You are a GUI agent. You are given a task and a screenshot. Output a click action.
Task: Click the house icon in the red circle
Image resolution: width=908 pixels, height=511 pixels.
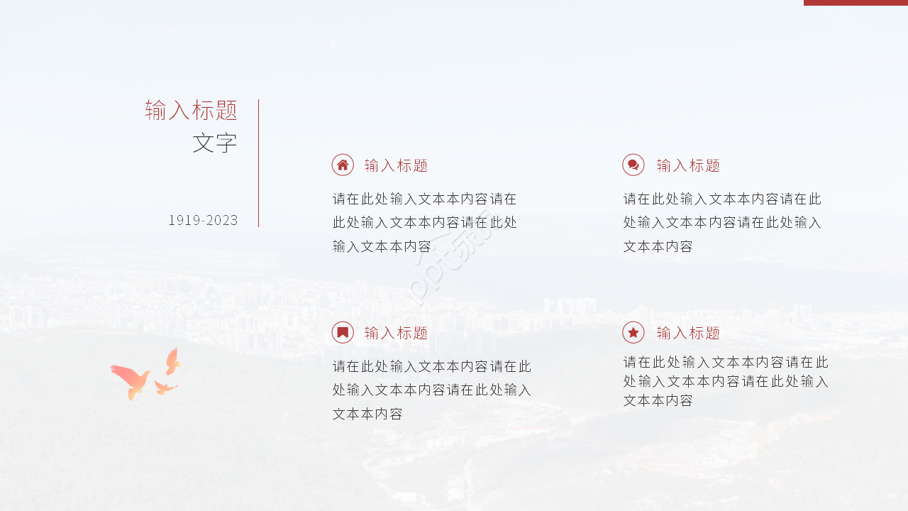(343, 165)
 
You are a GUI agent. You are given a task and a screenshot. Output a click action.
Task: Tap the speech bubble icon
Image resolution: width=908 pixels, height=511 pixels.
(633, 165)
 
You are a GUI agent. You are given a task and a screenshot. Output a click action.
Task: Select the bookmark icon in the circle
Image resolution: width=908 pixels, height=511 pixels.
(343, 332)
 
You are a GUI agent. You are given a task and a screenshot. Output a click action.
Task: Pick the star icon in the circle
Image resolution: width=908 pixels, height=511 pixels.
(633, 332)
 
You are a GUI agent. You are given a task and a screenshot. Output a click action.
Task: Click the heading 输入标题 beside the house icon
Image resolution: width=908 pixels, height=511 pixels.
(396, 165)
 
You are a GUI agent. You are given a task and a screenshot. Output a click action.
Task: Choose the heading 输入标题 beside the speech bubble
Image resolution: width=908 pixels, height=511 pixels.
(688, 165)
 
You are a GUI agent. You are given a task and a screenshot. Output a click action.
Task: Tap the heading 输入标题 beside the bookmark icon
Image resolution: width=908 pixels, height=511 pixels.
(396, 333)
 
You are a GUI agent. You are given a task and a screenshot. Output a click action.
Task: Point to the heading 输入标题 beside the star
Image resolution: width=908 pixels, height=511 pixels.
(688, 333)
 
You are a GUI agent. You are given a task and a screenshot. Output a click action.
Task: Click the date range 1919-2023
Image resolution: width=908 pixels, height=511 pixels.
(203, 220)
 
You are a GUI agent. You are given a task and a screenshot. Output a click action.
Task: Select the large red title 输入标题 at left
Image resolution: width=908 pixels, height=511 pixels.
(191, 110)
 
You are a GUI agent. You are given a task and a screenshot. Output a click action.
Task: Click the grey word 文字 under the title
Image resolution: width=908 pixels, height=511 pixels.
(214, 143)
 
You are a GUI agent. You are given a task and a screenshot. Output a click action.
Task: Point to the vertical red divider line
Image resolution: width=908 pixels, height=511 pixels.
(259, 163)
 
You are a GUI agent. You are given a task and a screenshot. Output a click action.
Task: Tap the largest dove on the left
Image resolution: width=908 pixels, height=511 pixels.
(132, 380)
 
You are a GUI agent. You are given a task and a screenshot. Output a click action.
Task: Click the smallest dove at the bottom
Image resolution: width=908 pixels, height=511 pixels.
(165, 388)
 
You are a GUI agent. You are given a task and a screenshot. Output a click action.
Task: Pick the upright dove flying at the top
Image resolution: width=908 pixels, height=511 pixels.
(172, 361)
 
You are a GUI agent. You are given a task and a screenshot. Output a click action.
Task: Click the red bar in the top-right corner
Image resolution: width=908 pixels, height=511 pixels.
(856, 3)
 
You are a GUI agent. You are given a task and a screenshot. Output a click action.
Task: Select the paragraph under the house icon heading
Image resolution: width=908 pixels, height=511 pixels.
(425, 223)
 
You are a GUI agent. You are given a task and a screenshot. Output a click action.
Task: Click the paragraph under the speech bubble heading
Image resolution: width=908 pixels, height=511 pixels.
(722, 223)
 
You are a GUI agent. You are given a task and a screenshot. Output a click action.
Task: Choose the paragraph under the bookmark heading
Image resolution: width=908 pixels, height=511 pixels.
(431, 390)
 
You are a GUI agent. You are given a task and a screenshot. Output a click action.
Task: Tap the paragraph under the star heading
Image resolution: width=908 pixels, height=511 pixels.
(726, 382)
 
